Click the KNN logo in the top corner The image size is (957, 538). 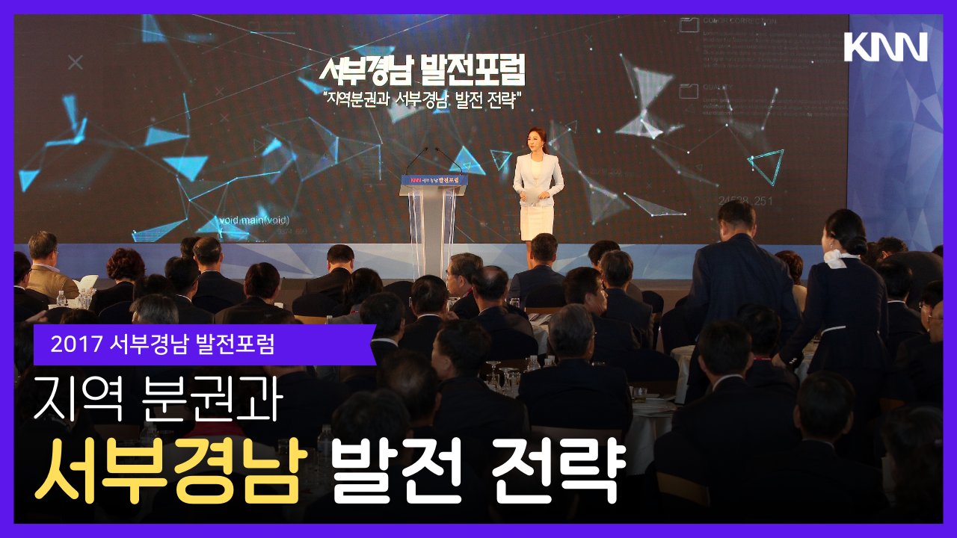point(885,47)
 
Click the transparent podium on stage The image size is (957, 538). point(433,224)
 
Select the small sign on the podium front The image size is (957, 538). point(434,180)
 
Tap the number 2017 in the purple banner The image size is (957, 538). point(77,344)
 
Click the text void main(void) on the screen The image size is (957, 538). point(253,220)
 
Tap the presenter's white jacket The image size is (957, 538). point(538,176)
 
